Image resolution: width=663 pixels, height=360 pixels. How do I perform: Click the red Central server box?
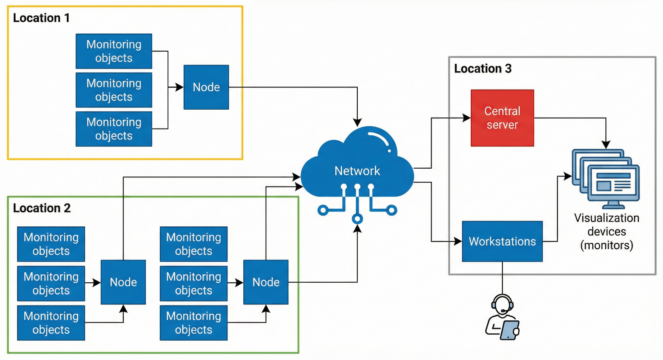pyautogui.click(x=502, y=118)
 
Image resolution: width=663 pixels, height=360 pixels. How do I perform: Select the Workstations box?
pyautogui.click(x=502, y=241)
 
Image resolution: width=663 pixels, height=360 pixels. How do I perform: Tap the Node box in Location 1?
pyautogui.click(x=206, y=87)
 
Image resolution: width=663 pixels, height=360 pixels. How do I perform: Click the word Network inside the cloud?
pyautogui.click(x=357, y=171)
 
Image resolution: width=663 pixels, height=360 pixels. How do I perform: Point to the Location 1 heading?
pyautogui.click(x=41, y=18)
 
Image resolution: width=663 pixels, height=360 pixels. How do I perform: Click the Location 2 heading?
pyautogui.click(x=42, y=208)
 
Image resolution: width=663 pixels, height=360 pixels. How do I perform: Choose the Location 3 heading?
pyautogui.click(x=483, y=69)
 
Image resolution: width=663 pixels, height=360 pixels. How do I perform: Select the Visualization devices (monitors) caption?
pyautogui.click(x=607, y=232)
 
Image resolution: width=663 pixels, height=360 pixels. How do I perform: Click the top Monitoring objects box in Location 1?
pyautogui.click(x=114, y=51)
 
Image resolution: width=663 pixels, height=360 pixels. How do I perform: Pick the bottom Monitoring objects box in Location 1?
pyautogui.click(x=114, y=129)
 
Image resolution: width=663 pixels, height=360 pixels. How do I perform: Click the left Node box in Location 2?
pyautogui.click(x=123, y=282)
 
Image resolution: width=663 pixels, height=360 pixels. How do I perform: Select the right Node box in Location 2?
pyautogui.click(x=266, y=282)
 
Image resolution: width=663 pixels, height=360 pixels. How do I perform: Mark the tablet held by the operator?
pyautogui.click(x=510, y=330)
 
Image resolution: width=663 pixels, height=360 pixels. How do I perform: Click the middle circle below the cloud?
pyautogui.click(x=357, y=218)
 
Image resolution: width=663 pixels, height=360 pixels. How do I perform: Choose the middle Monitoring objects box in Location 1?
pyautogui.click(x=114, y=90)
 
